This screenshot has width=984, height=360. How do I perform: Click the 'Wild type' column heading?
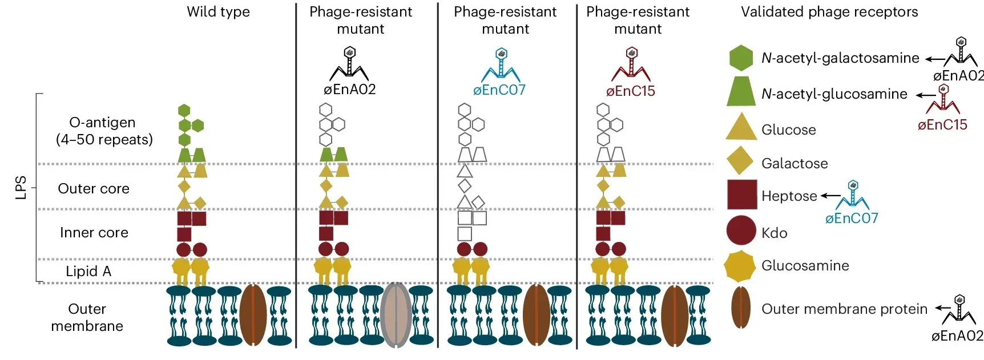coord(218,12)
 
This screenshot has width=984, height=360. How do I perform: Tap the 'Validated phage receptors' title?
coord(829,12)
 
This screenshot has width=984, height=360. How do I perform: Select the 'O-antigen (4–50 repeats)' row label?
coord(104,131)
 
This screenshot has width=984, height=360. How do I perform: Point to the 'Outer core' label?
coord(94,189)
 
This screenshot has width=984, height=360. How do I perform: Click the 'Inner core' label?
coord(94,233)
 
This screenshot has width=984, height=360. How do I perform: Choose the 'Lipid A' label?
coord(88,272)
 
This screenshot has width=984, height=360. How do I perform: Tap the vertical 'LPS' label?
coord(21,188)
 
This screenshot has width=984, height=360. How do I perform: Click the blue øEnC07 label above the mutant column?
coord(499,90)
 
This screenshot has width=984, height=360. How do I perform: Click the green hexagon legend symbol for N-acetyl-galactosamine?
coord(741,58)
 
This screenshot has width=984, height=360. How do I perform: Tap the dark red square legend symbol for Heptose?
coord(742,195)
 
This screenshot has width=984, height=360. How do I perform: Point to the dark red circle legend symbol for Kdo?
coord(741,230)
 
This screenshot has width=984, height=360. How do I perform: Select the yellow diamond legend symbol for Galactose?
coord(741,161)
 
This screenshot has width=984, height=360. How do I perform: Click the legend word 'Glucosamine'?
coord(805,266)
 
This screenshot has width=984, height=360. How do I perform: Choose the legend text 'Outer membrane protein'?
coord(844,309)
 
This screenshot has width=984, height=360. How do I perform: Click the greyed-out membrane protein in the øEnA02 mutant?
coord(396,315)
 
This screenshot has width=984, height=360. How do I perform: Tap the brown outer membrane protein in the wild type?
coord(253,315)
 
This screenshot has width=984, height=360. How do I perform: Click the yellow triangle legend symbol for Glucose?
coord(741,128)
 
